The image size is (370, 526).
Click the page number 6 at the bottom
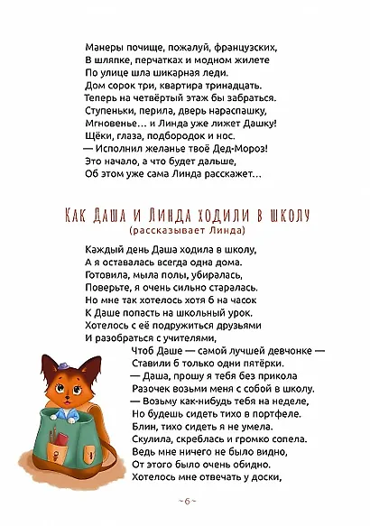184,499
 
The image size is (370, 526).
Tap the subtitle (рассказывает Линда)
184,231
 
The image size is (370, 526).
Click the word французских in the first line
250,46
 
